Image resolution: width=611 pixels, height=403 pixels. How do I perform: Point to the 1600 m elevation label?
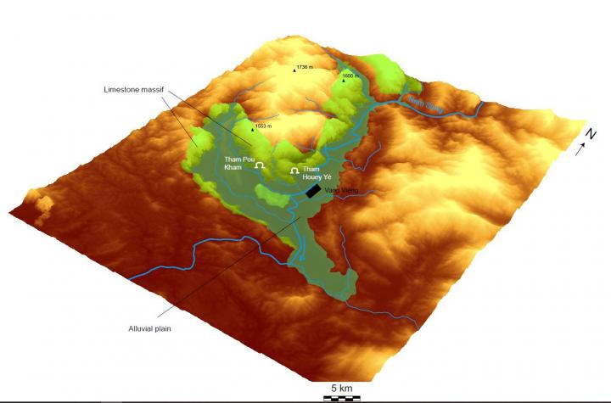pos(352,76)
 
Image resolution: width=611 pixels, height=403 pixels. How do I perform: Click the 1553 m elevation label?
pos(266,126)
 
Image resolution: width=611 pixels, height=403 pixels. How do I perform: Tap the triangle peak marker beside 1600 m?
pos(344,81)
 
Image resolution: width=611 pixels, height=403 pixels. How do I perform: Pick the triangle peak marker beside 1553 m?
pos(252,130)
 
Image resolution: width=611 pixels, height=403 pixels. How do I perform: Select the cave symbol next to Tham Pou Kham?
pos(261,165)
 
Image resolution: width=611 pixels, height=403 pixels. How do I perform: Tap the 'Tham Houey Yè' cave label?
pos(317,174)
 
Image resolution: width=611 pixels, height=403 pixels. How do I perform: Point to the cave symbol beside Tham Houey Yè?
pos(294,172)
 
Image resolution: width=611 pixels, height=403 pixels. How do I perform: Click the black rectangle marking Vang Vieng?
pos(313,192)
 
